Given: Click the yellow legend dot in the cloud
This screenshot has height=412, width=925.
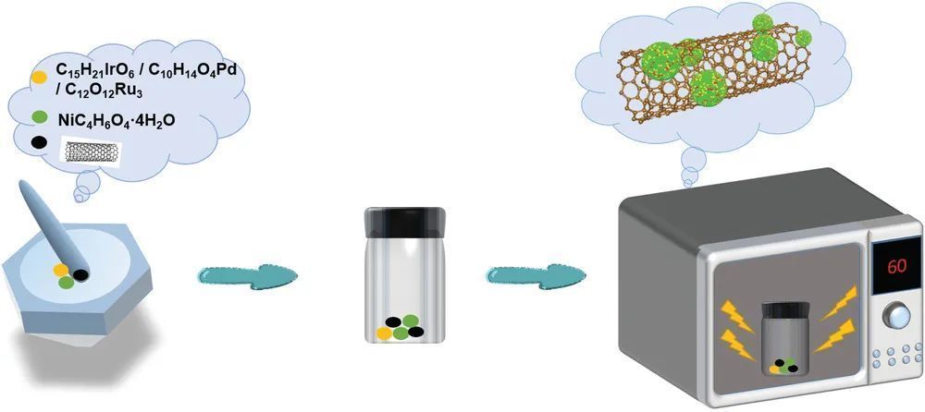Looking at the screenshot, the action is (40, 77).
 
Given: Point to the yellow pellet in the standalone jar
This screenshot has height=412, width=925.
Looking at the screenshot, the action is (385, 333).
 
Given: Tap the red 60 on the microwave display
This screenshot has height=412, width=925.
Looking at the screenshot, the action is (895, 266).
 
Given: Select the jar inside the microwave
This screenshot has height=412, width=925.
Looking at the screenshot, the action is (783, 338).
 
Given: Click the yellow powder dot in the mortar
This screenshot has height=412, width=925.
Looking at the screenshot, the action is (61, 270).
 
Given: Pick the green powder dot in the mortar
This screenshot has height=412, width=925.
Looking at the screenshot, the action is (66, 283).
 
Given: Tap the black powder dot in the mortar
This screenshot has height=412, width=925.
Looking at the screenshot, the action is (80, 274).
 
